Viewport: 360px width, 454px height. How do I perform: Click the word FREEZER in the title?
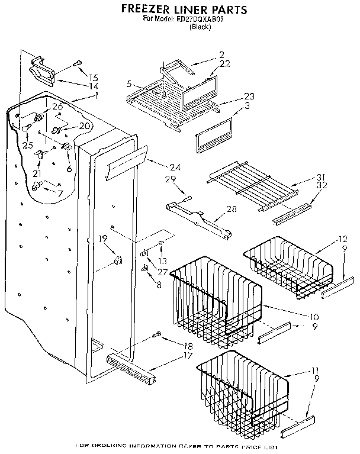pyautogui.click(x=147, y=9)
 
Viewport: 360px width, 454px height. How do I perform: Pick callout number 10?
pyautogui.click(x=313, y=316)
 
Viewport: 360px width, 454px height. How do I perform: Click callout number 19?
pyautogui.click(x=102, y=239)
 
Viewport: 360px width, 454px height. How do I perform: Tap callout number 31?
pyautogui.click(x=322, y=178)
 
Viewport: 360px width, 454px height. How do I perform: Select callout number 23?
pyautogui.click(x=248, y=96)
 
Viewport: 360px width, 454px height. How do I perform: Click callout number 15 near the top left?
pyautogui.click(x=94, y=78)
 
